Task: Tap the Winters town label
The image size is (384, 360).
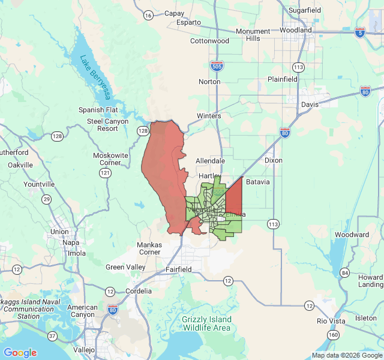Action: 209,116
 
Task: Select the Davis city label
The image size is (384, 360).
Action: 310,104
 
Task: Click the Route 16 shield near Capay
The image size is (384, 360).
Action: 148,16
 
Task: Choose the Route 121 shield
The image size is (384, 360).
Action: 105,173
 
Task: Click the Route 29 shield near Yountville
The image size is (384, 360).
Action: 46,199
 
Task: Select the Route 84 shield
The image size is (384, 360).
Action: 344,272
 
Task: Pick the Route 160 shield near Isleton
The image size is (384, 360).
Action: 332,334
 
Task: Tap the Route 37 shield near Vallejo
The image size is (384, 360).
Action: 53,335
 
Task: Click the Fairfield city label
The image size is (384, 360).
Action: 178,269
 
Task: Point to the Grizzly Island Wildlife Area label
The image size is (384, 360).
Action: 206,323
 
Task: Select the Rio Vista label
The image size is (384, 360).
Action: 331,321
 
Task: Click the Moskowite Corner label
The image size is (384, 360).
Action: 111,159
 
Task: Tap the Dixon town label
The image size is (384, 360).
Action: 273,160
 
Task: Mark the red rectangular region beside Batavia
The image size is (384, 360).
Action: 233,197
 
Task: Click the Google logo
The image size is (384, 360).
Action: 20,353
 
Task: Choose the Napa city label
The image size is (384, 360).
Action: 71,242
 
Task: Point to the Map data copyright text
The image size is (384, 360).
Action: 346,355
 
